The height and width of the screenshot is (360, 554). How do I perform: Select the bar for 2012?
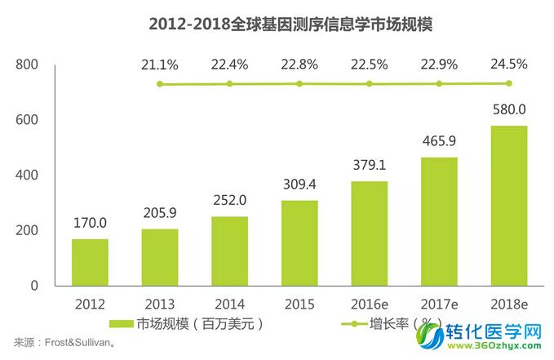coord(90,262)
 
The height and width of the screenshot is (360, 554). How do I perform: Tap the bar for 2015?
coord(299,242)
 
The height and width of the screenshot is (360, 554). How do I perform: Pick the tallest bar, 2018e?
coord(509,206)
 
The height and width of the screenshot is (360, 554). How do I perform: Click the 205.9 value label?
coord(160,214)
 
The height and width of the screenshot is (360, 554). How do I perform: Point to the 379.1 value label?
coord(369,166)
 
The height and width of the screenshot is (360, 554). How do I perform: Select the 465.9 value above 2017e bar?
coord(439,142)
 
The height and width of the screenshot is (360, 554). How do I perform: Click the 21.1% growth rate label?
coord(160,65)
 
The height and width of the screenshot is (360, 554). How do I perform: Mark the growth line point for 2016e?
coord(370,83)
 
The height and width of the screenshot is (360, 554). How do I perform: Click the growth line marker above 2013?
coord(160,84)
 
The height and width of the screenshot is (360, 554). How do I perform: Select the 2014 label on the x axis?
coord(229,304)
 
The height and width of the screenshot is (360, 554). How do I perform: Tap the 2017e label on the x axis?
coord(439,304)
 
